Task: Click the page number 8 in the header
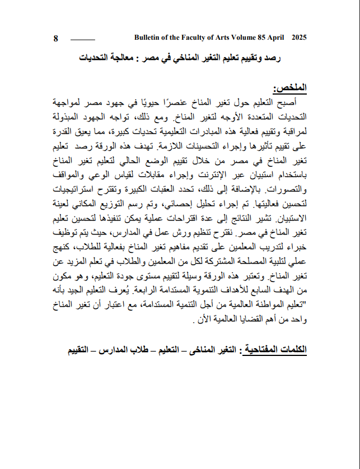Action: coord(56,39)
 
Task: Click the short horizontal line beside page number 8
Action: coord(83,40)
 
